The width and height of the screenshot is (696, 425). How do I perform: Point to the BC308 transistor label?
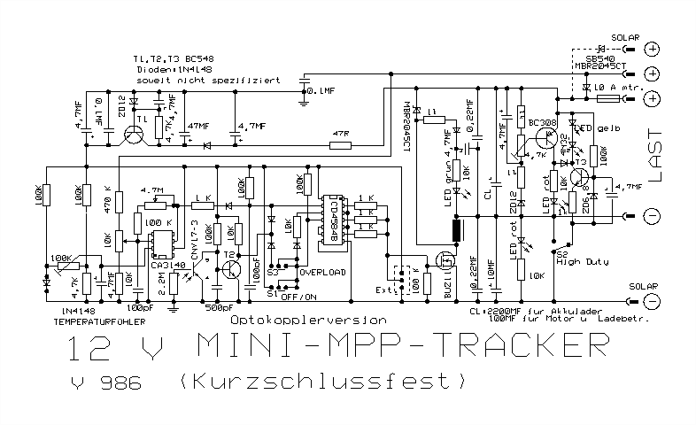click(x=542, y=123)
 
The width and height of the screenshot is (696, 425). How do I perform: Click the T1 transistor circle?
click(x=135, y=135)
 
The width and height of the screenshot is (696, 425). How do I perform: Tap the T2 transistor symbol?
click(x=232, y=267)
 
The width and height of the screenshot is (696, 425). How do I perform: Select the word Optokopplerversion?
click(x=308, y=318)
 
